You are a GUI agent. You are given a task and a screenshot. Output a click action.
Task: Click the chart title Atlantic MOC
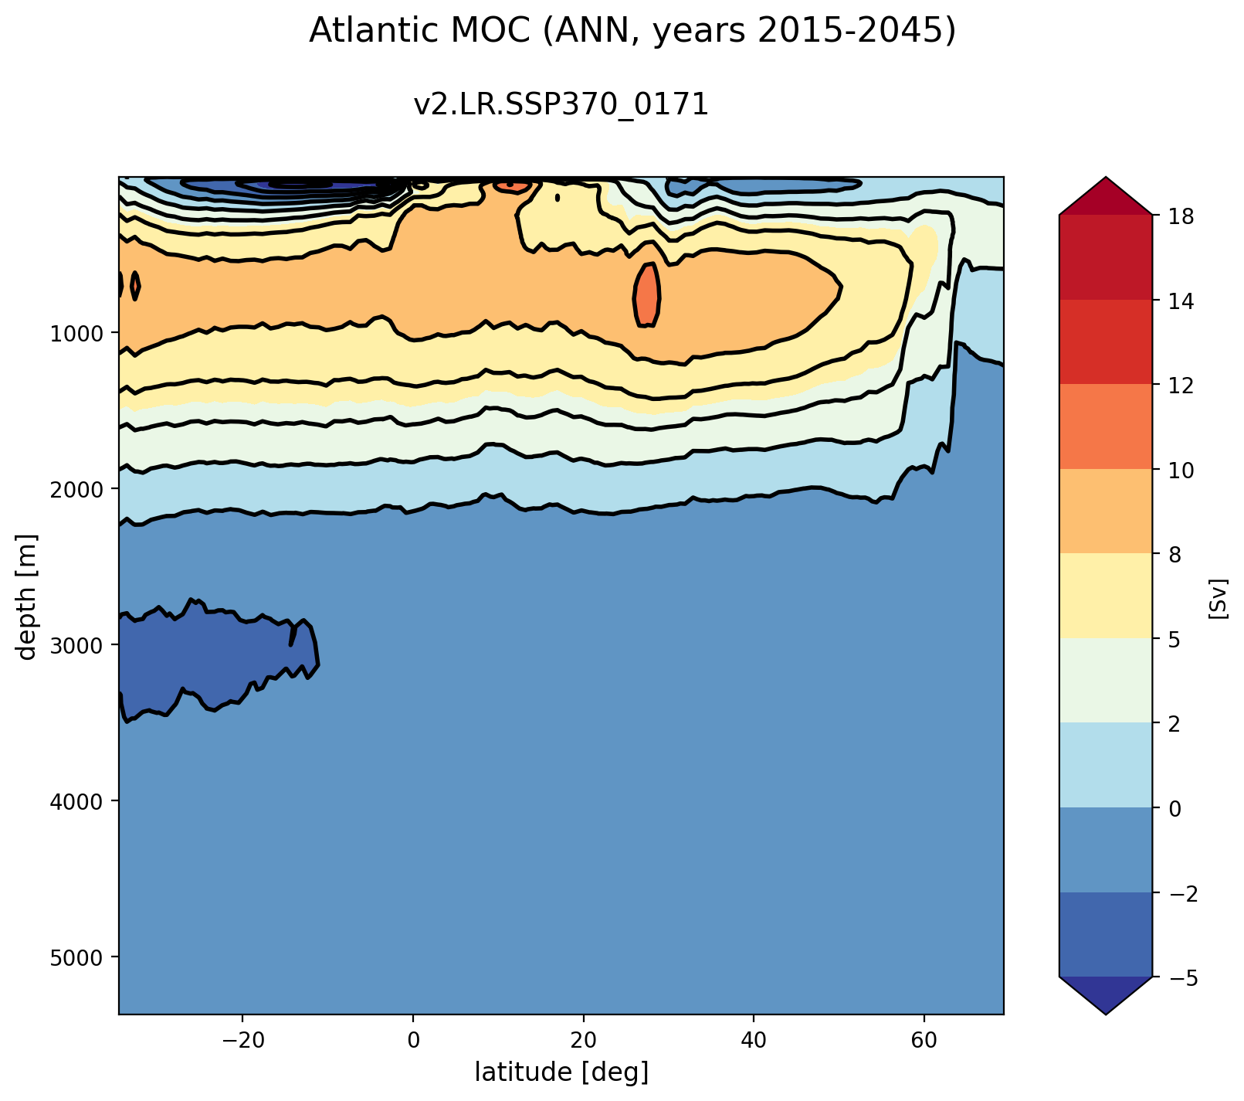pyautogui.click(x=632, y=32)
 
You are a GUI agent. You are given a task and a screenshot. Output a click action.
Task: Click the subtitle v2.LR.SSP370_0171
pyautogui.click(x=561, y=104)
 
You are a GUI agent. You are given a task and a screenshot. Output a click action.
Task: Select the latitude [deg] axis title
pyautogui.click(x=561, y=1072)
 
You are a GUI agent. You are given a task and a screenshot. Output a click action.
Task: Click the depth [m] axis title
pyautogui.click(x=28, y=596)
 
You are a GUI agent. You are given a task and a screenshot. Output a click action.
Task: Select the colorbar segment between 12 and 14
pyautogui.click(x=1106, y=342)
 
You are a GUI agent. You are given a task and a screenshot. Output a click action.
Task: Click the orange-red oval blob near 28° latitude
pyautogui.click(x=647, y=295)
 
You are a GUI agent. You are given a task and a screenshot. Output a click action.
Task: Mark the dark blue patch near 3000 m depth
pyautogui.click(x=208, y=657)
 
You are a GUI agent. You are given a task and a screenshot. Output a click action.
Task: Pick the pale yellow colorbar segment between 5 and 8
pyautogui.click(x=1106, y=596)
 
